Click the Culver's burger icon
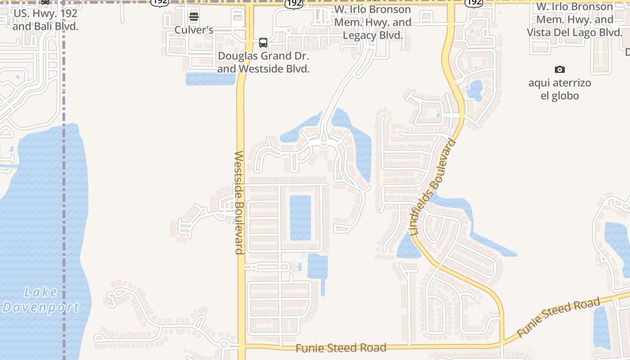194,17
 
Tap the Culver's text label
194,30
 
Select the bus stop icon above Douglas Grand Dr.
263,43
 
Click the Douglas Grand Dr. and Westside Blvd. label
263,63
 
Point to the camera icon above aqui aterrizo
560,69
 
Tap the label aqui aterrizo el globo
560,89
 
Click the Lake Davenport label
40,300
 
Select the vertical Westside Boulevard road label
239,202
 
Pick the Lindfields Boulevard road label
433,188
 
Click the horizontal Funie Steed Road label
341,348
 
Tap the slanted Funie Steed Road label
558,318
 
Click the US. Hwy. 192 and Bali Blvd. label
45,20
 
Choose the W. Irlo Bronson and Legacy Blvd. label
373,22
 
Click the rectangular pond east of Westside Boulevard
300,218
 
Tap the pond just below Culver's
211,79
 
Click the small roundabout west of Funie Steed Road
224,345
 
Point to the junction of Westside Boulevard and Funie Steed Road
242,346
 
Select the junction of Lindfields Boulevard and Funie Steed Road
502,343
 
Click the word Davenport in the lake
40,308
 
